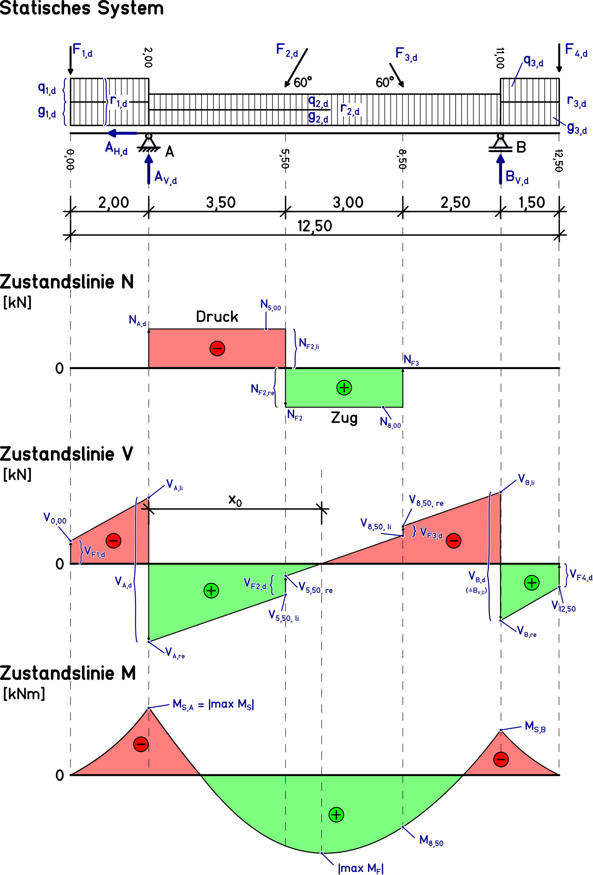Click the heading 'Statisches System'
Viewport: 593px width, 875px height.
coord(82,8)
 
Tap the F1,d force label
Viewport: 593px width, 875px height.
coord(82,50)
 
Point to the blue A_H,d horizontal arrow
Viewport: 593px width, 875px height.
coord(122,133)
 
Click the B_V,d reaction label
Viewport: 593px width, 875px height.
coord(517,177)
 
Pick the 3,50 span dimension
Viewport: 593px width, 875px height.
coord(221,202)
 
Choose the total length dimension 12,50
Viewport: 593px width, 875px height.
coord(315,226)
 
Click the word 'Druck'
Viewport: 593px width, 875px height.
coord(217,317)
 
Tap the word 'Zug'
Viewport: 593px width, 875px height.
coord(344,417)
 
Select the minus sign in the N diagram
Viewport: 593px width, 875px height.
coord(217,348)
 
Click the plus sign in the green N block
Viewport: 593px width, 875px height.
coord(344,387)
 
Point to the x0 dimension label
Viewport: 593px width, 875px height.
coord(235,500)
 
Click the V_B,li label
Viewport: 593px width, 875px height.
coord(526,479)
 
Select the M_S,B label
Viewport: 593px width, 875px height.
coord(535,727)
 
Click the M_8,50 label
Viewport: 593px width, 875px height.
coord(431,840)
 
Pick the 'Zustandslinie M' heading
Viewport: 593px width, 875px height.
coord(68,673)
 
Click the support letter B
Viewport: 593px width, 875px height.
coord(521,147)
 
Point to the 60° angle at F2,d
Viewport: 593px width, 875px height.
coord(303,82)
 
